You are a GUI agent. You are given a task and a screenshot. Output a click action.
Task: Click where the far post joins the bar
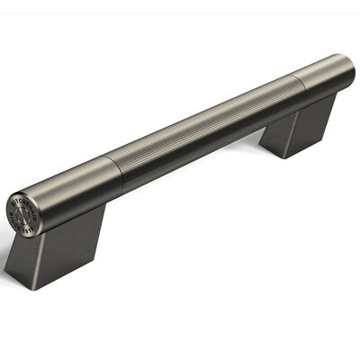pyautogui.click(x=306, y=101)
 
